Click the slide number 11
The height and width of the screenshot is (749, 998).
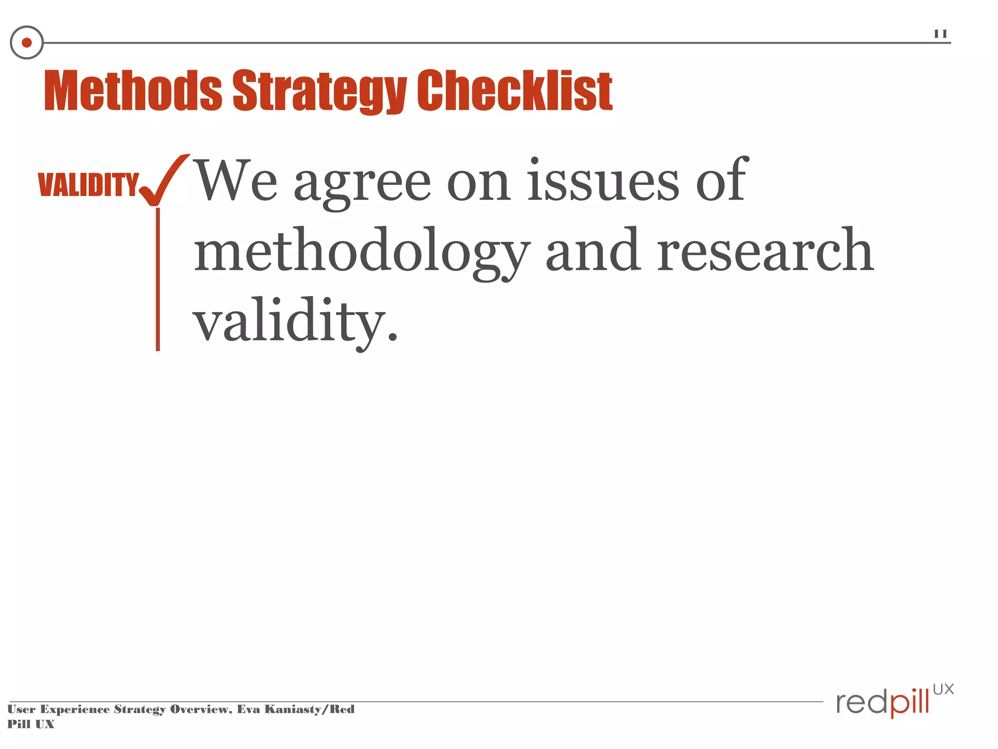click(x=940, y=34)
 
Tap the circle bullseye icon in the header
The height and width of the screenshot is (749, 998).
click(x=27, y=42)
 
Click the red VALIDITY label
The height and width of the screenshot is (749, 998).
click(x=88, y=185)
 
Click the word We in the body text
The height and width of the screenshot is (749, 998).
click(x=236, y=180)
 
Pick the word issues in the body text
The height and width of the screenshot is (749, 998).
click(x=603, y=180)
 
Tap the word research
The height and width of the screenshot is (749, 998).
click(x=765, y=251)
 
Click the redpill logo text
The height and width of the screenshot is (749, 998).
click(x=883, y=703)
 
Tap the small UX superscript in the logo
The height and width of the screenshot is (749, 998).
click(x=943, y=690)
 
